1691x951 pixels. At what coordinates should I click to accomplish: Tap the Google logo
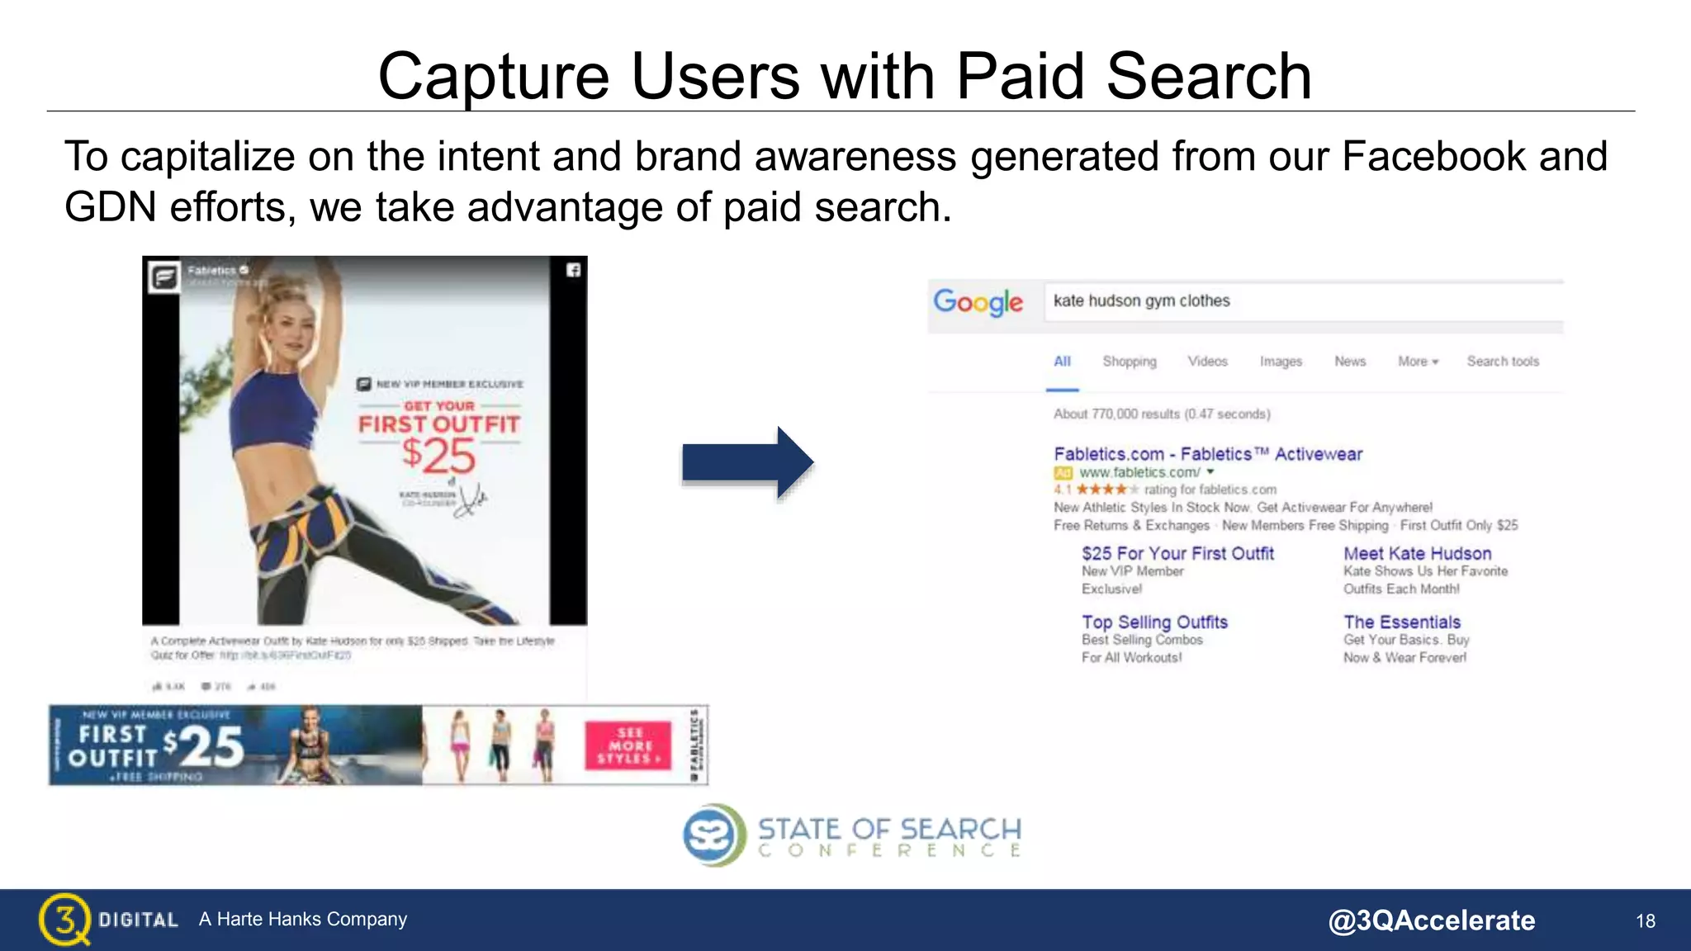[978, 302]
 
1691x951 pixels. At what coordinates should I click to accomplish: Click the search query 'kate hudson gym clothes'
[1141, 301]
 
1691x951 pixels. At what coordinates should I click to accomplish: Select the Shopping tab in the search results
[1130, 362]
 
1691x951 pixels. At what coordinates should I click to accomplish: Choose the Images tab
[1281, 362]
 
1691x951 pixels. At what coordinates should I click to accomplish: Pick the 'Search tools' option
[1503, 362]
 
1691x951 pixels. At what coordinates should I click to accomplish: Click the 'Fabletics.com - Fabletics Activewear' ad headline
[1207, 454]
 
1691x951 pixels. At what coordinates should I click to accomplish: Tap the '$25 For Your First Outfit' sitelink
[1177, 554]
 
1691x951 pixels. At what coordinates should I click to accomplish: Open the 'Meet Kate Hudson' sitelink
[1417, 554]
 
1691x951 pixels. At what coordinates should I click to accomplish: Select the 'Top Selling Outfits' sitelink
[1154, 622]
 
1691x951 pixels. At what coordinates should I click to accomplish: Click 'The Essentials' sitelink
[1402, 622]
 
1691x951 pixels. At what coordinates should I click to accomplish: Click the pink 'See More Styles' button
[628, 745]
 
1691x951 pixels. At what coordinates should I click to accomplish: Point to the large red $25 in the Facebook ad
[439, 455]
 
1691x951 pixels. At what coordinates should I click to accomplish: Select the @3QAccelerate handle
[1431, 920]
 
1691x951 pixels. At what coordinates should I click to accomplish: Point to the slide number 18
[1645, 921]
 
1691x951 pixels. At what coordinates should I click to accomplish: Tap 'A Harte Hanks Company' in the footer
[303, 920]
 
